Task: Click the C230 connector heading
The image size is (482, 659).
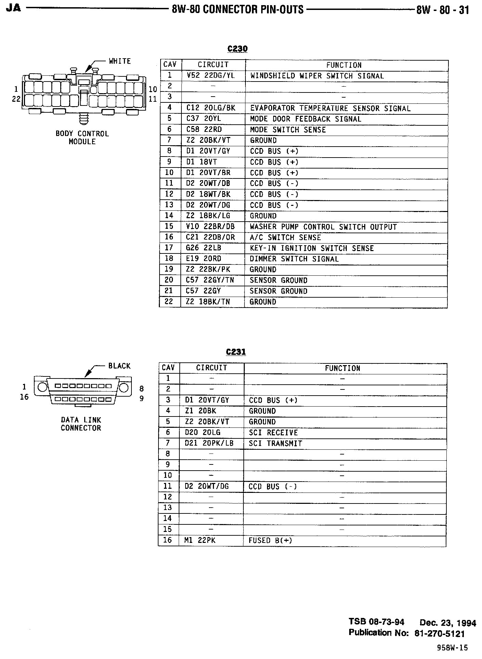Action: [237, 49]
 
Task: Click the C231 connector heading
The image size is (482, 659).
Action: [236, 352]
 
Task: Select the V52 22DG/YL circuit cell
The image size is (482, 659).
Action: [211, 76]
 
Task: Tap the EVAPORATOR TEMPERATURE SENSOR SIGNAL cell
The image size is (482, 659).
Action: [330, 108]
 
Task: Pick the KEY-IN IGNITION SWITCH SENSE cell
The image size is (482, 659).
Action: [312, 248]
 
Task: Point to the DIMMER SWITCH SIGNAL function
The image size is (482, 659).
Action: [294, 259]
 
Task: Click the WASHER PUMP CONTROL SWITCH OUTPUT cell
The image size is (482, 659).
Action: [323, 227]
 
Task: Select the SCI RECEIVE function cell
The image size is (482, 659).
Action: [273, 433]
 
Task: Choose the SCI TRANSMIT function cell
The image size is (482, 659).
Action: [275, 444]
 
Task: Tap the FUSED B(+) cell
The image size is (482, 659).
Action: [270, 540]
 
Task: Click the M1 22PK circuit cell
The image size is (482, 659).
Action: [200, 540]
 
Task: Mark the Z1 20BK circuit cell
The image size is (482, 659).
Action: [201, 411]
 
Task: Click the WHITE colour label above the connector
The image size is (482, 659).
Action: [120, 61]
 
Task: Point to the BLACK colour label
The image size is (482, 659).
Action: [119, 366]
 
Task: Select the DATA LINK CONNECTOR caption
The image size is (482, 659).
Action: [81, 424]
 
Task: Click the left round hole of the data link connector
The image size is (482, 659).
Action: [42, 387]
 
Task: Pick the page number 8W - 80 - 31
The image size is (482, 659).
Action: [442, 10]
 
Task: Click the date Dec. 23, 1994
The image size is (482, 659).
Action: [448, 622]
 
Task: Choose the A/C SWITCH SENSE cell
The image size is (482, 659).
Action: [285, 237]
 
